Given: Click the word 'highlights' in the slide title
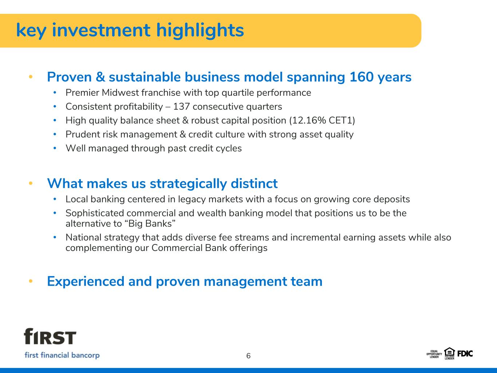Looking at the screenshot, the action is pyautogui.click(x=200, y=30).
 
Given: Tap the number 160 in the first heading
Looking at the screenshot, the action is pyautogui.click(x=362, y=77).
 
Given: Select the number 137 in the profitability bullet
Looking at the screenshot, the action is pyautogui.click(x=181, y=107).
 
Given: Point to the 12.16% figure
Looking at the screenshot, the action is pyautogui.click(x=309, y=121).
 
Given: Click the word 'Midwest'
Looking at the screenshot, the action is pyautogui.click(x=120, y=93).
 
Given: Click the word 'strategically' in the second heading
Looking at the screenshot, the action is pyautogui.click(x=188, y=184).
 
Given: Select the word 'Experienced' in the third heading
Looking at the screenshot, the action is pyautogui.click(x=86, y=282).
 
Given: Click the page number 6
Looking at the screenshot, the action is pyautogui.click(x=248, y=356).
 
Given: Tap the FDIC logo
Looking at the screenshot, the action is pyautogui.click(x=465, y=354).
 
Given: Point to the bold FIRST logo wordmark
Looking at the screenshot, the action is pyautogui.click(x=50, y=336).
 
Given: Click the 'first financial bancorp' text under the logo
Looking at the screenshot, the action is pyautogui.click(x=62, y=355).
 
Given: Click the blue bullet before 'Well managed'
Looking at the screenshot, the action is pyautogui.click(x=55, y=148).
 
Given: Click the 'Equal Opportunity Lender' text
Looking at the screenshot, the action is pyautogui.click(x=434, y=354).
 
